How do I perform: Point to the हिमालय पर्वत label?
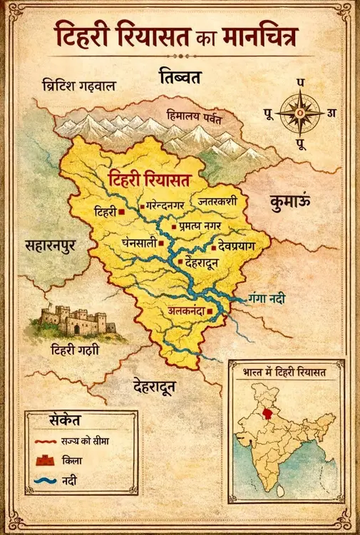coord(194,114)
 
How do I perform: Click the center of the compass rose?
coord(299,113)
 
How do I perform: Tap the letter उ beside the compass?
coord(331,113)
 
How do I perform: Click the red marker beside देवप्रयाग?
coord(213,248)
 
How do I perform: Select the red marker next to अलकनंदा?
coord(210,311)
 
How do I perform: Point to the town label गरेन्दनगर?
coord(166,205)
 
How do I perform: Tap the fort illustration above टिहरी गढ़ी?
coord(74,320)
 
